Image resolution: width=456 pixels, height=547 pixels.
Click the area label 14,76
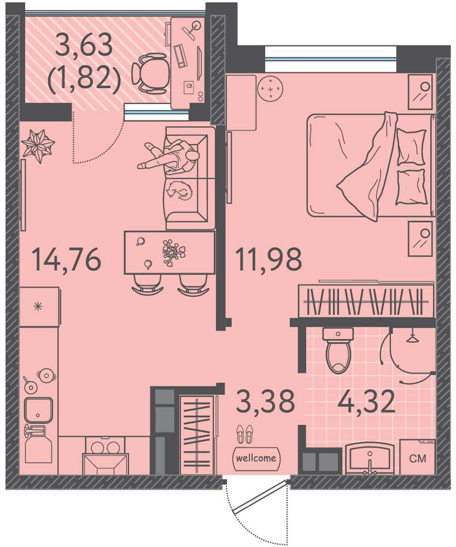click(66, 259)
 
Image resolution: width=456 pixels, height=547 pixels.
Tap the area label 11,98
click(268, 259)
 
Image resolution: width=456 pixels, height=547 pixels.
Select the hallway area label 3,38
click(266, 401)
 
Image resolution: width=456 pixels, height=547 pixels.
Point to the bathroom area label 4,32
click(366, 401)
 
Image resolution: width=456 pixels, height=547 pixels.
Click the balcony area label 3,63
click(84, 45)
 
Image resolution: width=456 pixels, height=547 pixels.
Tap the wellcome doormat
click(256, 458)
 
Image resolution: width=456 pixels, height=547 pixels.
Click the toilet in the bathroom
click(338, 350)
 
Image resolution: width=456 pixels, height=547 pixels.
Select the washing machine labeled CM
click(417, 457)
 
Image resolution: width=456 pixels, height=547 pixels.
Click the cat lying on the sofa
click(180, 190)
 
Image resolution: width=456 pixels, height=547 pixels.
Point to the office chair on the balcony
click(150, 74)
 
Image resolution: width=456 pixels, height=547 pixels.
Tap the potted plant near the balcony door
click(38, 146)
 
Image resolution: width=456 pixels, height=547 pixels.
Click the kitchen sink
click(38, 410)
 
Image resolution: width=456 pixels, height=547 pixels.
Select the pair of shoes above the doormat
click(244, 434)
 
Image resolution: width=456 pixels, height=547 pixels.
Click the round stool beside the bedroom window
click(270, 89)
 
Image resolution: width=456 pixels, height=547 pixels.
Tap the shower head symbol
click(413, 338)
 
